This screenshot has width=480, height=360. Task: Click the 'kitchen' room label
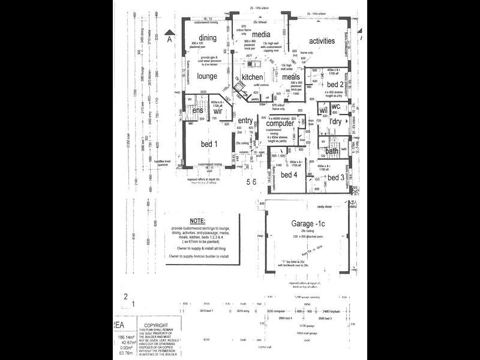click(x=252, y=78)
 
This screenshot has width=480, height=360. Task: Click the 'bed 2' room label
click(x=334, y=84)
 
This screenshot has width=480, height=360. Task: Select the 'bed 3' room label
click(x=334, y=177)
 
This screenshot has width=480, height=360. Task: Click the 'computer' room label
click(x=280, y=123)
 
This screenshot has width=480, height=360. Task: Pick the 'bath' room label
click(x=332, y=151)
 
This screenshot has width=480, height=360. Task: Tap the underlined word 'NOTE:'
click(x=197, y=221)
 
